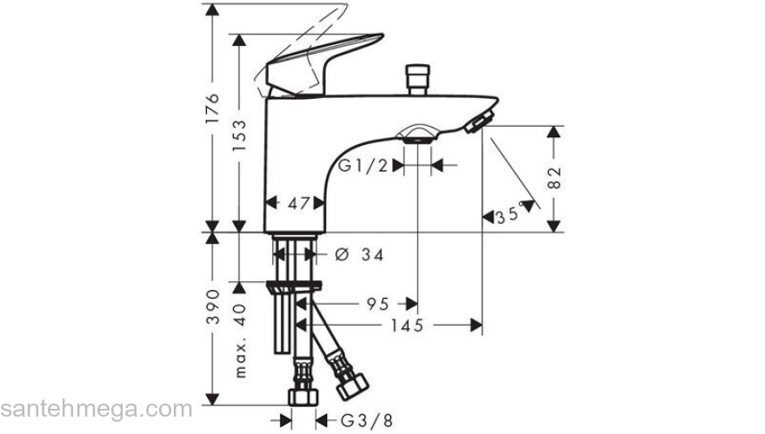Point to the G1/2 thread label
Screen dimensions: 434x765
(x=363, y=165)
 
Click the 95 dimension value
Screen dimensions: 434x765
(x=376, y=304)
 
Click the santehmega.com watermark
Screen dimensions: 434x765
(x=96, y=408)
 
